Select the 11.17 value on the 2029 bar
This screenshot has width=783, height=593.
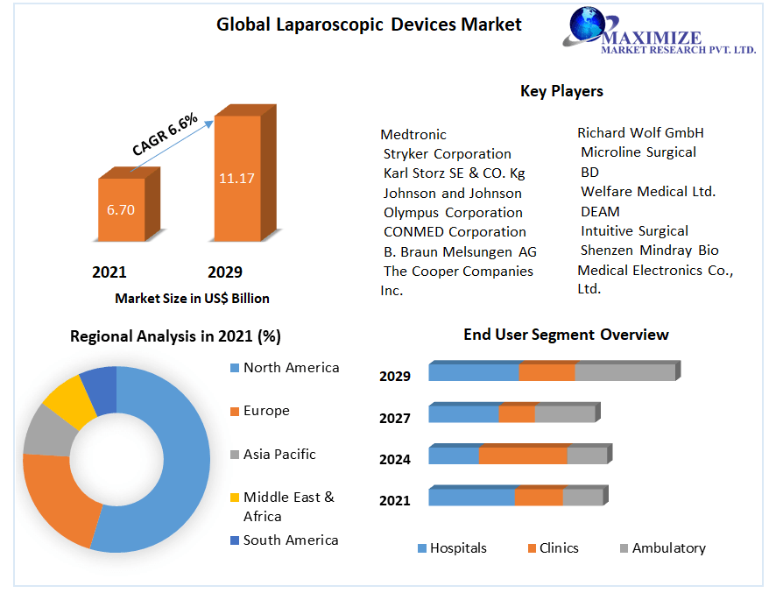(236, 178)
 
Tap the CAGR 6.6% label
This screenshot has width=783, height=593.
(165, 135)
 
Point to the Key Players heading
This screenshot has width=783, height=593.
(561, 91)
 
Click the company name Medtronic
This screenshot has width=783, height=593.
(413, 134)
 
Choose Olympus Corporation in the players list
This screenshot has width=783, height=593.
(453, 212)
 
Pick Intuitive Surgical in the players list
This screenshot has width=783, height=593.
(634, 231)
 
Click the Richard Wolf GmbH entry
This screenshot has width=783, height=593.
(640, 133)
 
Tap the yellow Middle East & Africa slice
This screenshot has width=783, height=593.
(66, 400)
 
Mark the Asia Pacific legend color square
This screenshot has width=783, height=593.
(234, 455)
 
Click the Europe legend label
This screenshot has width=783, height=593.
(266, 411)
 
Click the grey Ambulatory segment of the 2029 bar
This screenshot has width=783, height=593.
(624, 372)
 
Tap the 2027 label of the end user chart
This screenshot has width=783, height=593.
(395, 418)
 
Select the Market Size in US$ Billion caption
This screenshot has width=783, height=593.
(192, 299)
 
